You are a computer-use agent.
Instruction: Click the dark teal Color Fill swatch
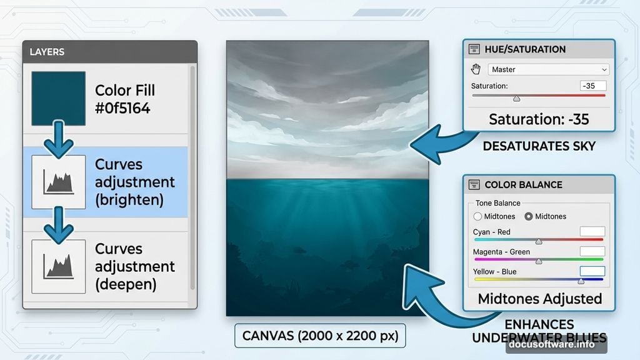(58, 98)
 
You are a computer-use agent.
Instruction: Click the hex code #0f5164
(123, 109)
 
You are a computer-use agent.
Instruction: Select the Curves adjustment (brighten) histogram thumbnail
(58, 182)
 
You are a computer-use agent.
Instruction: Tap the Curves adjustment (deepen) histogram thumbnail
(58, 267)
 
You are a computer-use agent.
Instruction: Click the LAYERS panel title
(47, 52)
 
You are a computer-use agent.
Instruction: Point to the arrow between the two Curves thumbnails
(58, 224)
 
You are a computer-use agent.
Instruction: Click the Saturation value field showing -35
(592, 86)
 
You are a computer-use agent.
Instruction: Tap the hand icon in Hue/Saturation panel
(476, 69)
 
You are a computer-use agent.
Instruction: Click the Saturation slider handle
(516, 98)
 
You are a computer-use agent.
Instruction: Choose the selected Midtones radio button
(529, 216)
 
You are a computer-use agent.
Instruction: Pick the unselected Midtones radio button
(478, 216)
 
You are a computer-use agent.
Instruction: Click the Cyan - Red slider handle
(539, 241)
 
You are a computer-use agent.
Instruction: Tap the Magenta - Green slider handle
(539, 261)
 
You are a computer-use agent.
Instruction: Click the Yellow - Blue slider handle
(581, 281)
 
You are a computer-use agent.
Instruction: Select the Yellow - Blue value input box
(592, 271)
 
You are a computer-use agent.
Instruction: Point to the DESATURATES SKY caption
(539, 146)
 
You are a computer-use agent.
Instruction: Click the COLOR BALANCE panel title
(523, 185)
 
